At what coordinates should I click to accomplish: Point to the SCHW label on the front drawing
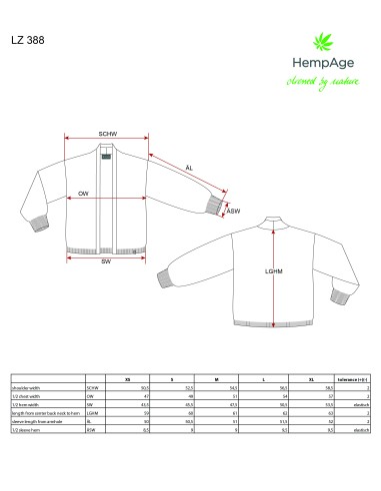pyautogui.click(x=109, y=134)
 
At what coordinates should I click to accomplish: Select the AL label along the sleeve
pyautogui.click(x=189, y=168)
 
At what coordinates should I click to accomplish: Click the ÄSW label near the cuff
pyautogui.click(x=233, y=212)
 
